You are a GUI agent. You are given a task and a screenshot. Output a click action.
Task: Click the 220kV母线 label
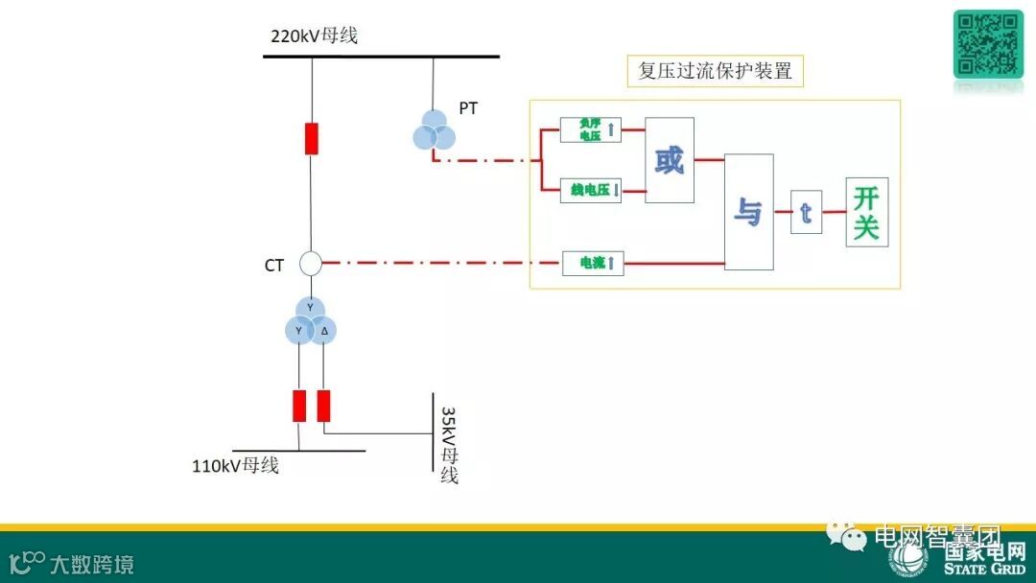(x=314, y=36)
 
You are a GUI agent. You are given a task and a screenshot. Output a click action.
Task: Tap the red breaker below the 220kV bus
(x=311, y=138)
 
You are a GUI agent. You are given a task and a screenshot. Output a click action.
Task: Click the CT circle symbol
(x=311, y=263)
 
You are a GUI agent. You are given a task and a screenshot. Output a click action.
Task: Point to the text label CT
(x=274, y=266)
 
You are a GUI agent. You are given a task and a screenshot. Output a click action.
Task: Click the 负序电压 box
(x=590, y=129)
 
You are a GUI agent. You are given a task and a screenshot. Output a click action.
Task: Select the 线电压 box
(x=590, y=190)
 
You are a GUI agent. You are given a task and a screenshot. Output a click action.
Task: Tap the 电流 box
(x=593, y=262)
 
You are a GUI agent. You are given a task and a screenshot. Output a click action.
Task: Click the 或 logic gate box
(x=670, y=160)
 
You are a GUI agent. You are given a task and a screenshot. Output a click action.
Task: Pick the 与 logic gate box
(x=748, y=212)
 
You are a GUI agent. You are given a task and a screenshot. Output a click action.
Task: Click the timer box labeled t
(x=806, y=212)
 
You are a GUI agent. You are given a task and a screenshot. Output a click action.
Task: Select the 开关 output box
(x=866, y=212)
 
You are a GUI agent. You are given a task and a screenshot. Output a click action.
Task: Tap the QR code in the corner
(x=988, y=43)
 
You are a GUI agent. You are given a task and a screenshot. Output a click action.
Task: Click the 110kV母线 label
(x=236, y=467)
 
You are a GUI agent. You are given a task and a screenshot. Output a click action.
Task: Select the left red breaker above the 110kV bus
(x=299, y=406)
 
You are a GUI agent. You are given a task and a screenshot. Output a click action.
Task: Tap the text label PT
(x=468, y=108)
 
